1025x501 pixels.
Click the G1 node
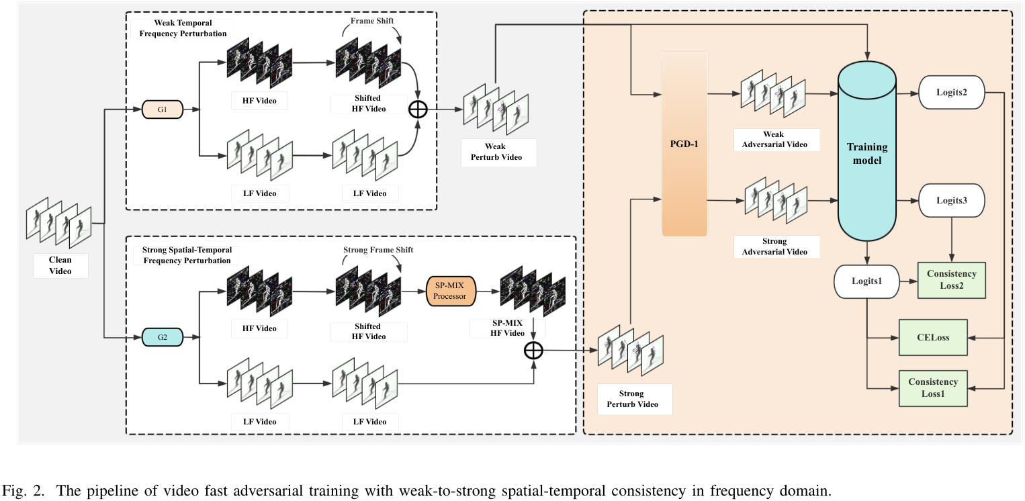(x=162, y=109)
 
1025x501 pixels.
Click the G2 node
(x=162, y=336)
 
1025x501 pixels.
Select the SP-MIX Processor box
(x=450, y=291)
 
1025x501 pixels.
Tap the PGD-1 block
(x=684, y=144)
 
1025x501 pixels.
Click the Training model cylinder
(x=866, y=153)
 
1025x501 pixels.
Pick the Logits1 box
(x=866, y=281)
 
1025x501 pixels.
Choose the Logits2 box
(x=950, y=92)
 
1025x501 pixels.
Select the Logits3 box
(x=950, y=200)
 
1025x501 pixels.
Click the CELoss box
(x=933, y=337)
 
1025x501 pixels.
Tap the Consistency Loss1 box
(x=933, y=388)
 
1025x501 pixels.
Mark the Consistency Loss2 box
(x=951, y=279)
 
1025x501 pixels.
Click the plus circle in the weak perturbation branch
(x=418, y=109)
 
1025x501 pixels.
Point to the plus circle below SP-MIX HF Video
(x=533, y=350)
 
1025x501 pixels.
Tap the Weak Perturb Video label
(x=498, y=152)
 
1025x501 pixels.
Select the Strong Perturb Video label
(x=634, y=399)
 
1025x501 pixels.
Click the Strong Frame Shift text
(x=378, y=250)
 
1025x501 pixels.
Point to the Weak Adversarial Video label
(x=774, y=140)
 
